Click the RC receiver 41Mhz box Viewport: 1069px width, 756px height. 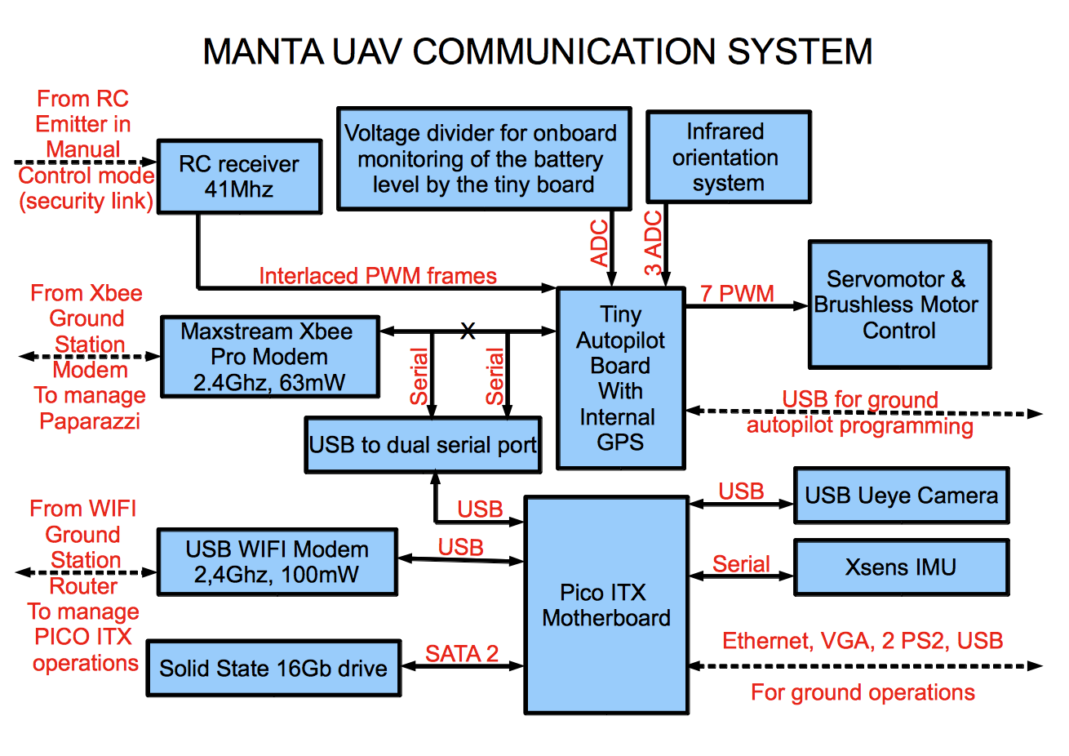point(239,176)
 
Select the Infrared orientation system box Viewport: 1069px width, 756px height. point(728,157)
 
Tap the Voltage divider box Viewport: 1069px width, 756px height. point(483,158)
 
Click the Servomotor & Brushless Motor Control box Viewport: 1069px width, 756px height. point(898,305)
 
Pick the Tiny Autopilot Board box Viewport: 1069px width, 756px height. point(620,378)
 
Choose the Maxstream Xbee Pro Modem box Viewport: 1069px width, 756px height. point(269,357)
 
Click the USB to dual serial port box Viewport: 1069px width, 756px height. point(423,445)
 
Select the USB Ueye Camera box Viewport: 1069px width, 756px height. point(901,496)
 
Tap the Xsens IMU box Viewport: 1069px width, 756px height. point(901,567)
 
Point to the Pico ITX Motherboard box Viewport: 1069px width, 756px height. point(605,605)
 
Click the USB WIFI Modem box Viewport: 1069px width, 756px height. point(277,562)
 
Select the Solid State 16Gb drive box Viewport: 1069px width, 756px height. point(273,668)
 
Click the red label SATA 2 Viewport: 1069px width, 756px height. point(462,653)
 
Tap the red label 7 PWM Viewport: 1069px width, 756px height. point(737,293)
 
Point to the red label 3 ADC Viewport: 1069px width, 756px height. point(654,243)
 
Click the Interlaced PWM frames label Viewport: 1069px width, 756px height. point(378,276)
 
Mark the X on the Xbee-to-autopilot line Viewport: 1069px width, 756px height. point(468,331)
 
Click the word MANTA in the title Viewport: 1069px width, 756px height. point(263,51)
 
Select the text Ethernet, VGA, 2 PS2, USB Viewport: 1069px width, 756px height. point(863,641)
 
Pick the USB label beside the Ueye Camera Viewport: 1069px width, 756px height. point(741,491)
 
